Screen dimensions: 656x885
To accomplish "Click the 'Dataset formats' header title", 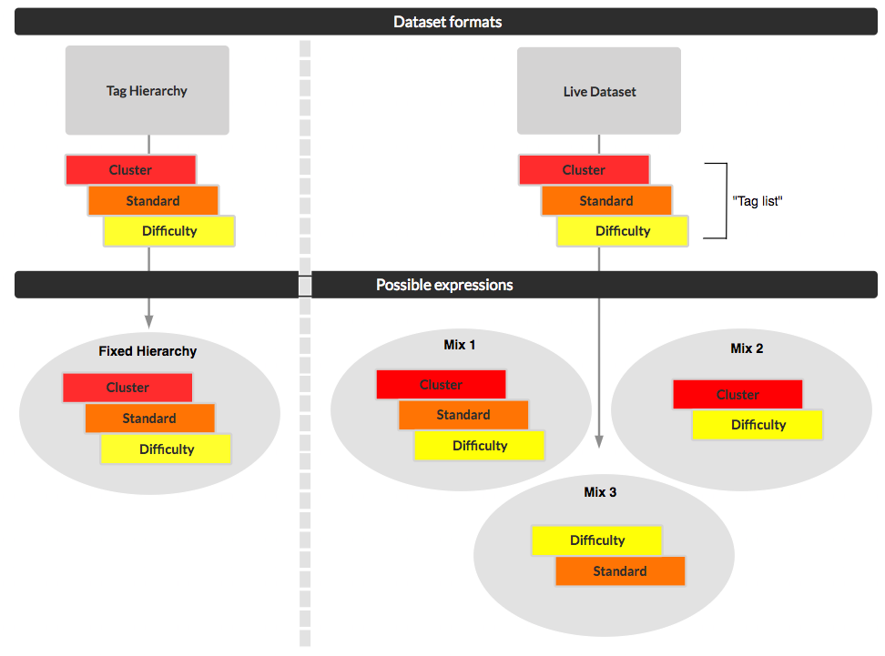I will [x=447, y=22].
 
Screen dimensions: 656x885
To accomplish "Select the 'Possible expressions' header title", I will [x=444, y=285].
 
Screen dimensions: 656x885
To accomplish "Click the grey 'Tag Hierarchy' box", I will [x=147, y=91].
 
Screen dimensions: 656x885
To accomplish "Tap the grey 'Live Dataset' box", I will [x=599, y=91].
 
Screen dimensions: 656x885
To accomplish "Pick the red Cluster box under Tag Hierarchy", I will [x=130, y=170].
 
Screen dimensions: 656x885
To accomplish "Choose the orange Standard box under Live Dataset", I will [x=606, y=201].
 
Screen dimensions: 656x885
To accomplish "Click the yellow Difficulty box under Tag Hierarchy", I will [x=169, y=231].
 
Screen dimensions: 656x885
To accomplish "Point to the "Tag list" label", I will [x=758, y=200].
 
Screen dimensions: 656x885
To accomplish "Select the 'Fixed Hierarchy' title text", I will [x=147, y=351].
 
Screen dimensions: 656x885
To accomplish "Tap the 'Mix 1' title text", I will [x=460, y=345].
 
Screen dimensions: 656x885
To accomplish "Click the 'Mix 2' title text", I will [x=747, y=348].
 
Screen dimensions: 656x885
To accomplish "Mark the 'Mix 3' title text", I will [x=600, y=492].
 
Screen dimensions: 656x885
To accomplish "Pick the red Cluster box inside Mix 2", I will [x=737, y=395].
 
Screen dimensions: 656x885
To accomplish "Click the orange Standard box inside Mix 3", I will [x=620, y=571].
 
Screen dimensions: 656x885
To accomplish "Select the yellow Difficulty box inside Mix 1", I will [x=480, y=446].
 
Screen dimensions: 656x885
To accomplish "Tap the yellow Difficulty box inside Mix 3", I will [x=597, y=540].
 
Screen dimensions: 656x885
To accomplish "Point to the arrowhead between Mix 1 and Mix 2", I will [x=599, y=441].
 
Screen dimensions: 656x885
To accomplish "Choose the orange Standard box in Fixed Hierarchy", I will [x=149, y=419].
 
